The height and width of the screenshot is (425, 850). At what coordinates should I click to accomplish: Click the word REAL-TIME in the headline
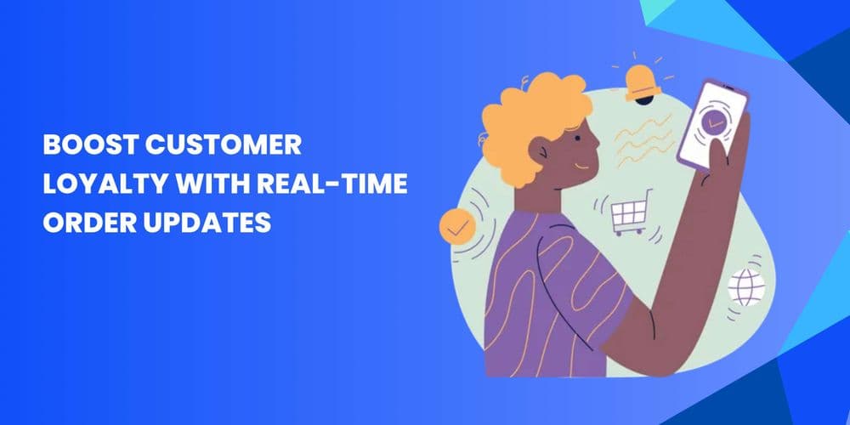(332, 184)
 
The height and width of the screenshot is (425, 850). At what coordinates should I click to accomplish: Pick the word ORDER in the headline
(89, 223)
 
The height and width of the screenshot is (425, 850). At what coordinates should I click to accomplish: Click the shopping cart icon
(629, 216)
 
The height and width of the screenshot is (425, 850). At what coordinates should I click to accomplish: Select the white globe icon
(746, 287)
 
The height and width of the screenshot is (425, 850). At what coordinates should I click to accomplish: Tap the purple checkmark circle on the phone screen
(714, 120)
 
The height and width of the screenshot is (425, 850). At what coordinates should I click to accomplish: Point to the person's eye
(577, 139)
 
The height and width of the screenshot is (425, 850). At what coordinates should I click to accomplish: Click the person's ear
(540, 151)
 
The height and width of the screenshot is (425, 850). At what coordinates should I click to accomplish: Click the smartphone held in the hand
(712, 126)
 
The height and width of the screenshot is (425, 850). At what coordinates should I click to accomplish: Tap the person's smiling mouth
(581, 166)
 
